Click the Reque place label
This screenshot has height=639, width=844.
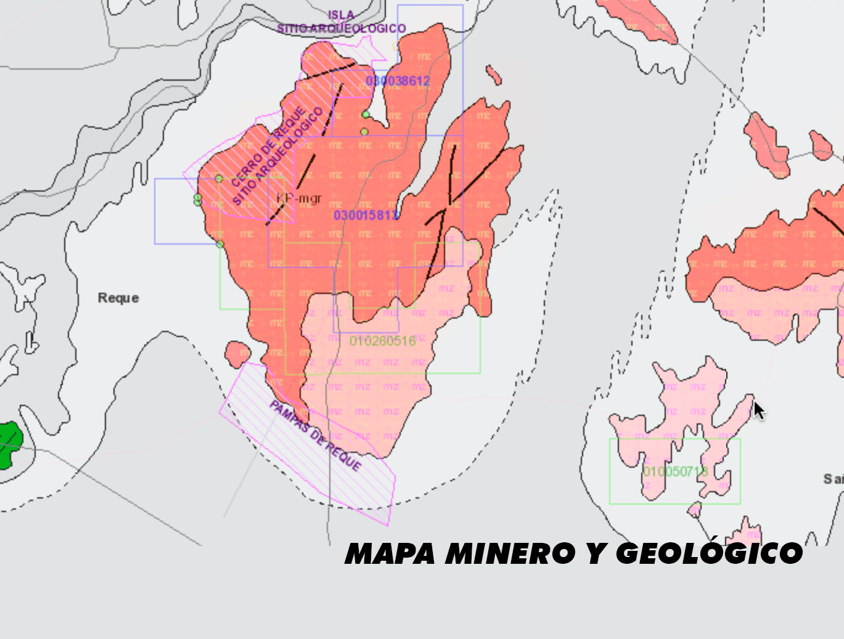point(118,298)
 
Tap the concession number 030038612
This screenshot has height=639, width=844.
point(398,81)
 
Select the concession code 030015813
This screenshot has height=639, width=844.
point(366,215)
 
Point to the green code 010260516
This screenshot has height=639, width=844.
point(382,341)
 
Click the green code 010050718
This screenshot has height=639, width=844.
point(675,472)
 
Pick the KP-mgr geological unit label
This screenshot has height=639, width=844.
point(299,198)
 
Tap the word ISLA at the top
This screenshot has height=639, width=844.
point(341,15)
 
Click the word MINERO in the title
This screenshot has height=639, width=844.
point(510,553)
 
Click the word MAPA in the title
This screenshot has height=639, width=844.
point(390,553)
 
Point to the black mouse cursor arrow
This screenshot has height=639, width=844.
point(758,409)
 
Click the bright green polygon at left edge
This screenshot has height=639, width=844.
point(9,443)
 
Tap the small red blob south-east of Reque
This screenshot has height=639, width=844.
point(237,354)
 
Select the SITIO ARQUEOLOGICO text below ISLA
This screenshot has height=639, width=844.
point(341,28)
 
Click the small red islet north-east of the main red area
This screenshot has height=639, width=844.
point(493,75)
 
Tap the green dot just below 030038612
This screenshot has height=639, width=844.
point(366,115)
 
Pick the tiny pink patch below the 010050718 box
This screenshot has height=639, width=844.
point(695,510)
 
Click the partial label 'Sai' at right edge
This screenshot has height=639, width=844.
point(833,479)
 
